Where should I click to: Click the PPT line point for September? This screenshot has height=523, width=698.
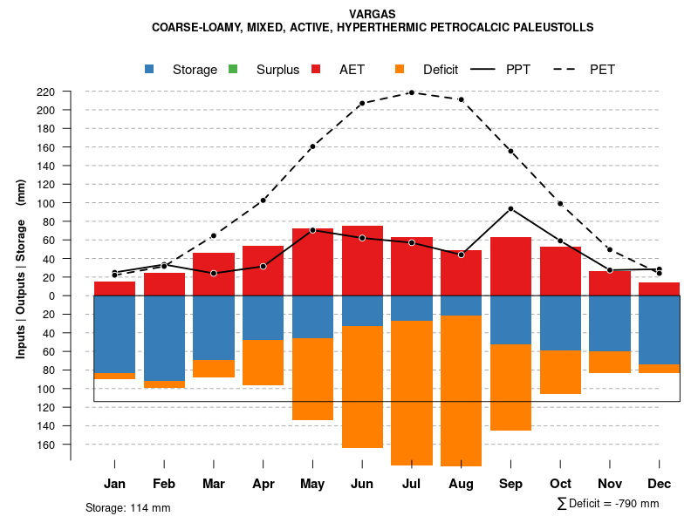click(x=510, y=208)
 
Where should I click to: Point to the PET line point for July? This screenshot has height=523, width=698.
click(x=411, y=92)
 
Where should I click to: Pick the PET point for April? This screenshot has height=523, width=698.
click(x=263, y=200)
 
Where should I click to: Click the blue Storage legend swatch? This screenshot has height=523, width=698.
click(x=150, y=70)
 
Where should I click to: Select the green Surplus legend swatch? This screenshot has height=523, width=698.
click(x=234, y=70)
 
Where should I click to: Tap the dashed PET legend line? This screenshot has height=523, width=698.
click(x=571, y=70)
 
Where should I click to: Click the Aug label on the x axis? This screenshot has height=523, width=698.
click(x=461, y=484)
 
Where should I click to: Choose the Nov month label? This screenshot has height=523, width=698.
click(x=610, y=484)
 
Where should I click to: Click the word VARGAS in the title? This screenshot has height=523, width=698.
click(x=373, y=14)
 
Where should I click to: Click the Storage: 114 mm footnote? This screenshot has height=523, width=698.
click(x=127, y=507)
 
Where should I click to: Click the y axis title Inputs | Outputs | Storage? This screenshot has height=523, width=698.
click(x=21, y=270)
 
